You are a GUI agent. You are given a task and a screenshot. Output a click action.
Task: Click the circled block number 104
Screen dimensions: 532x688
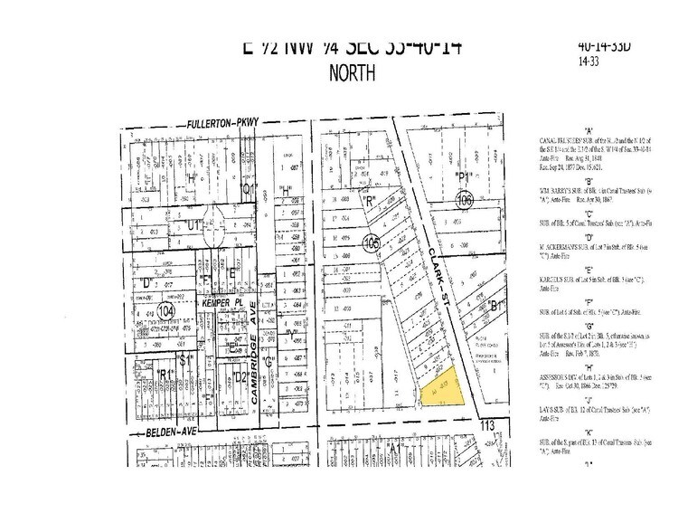click(x=165, y=310)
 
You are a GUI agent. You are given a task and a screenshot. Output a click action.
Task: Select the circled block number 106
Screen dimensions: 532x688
click(x=465, y=198)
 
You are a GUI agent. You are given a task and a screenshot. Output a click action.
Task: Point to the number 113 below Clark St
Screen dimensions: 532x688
click(x=490, y=424)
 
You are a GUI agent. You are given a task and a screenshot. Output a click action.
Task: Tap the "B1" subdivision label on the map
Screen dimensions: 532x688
click(x=494, y=307)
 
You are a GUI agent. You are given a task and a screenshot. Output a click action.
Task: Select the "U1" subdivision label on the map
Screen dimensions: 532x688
click(x=193, y=223)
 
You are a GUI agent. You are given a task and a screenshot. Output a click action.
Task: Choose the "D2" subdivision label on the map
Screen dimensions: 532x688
click(x=240, y=375)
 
